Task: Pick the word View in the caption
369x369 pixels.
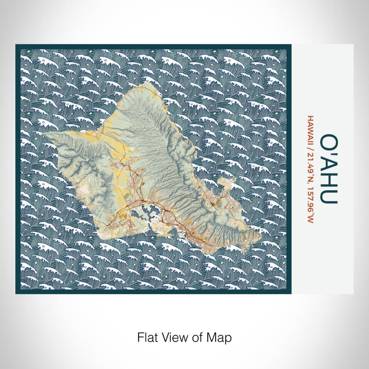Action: tap(173, 336)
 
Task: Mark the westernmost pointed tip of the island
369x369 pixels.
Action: tap(44, 135)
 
